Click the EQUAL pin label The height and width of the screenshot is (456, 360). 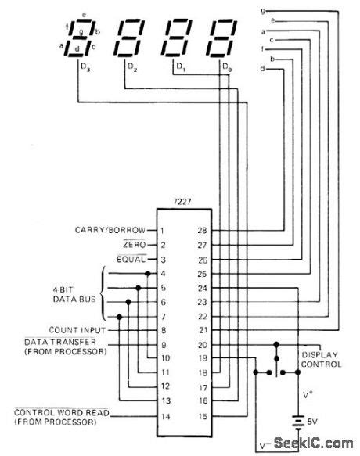[131, 258]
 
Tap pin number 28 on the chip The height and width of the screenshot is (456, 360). [201, 230]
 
